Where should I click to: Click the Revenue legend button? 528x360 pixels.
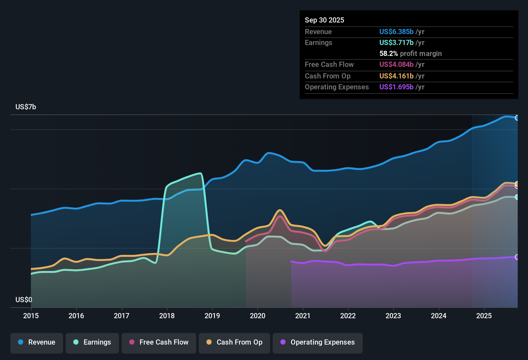tap(37, 342)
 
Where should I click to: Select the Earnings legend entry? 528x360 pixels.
tap(92, 342)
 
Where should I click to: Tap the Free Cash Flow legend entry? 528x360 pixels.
tap(159, 342)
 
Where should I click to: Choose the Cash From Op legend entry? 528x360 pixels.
tap(234, 342)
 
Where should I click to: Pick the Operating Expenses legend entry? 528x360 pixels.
tap(318, 342)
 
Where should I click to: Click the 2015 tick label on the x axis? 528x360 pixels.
tap(31, 316)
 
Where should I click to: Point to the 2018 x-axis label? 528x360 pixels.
tap(167, 316)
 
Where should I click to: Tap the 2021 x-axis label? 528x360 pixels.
tap(303, 316)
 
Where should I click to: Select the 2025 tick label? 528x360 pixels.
tap(484, 316)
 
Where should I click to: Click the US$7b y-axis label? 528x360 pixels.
tap(26, 107)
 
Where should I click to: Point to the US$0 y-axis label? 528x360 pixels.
tap(24, 300)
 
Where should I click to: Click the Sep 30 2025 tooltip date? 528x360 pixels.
tap(324, 20)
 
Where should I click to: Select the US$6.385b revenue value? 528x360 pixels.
tap(396, 32)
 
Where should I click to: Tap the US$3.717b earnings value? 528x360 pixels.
tap(396, 42)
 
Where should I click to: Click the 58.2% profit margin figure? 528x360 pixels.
tap(388, 53)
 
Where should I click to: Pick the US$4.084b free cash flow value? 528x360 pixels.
tap(396, 64)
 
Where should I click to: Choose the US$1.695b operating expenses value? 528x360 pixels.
tap(396, 87)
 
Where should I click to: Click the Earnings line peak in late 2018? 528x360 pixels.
tap(201, 174)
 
